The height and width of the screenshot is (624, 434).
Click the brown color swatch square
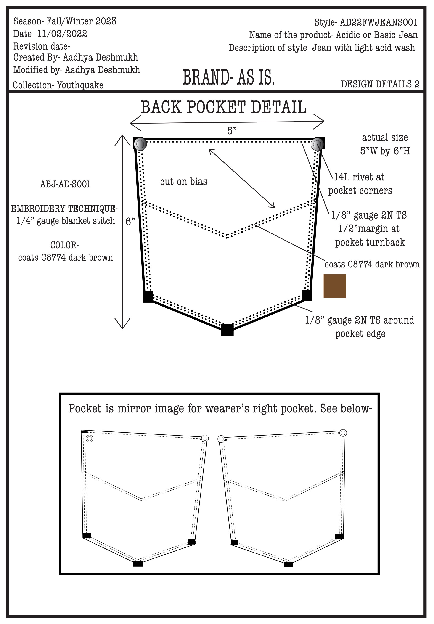point(335,286)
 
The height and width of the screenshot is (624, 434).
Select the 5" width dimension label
point(232,131)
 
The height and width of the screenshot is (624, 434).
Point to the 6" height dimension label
point(130,222)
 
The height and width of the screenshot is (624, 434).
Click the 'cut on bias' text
point(183,182)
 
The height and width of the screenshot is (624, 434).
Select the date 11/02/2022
point(62,34)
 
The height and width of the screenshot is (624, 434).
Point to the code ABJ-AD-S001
point(65,184)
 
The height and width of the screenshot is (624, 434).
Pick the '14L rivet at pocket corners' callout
point(360,184)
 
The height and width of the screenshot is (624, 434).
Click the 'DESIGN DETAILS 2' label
point(380,84)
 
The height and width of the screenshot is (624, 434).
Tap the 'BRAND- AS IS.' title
point(228,77)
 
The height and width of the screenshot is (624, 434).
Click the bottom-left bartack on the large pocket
point(148,297)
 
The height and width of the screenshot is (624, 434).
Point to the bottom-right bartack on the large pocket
point(307,295)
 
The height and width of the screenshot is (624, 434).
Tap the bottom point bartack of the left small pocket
point(138,564)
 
